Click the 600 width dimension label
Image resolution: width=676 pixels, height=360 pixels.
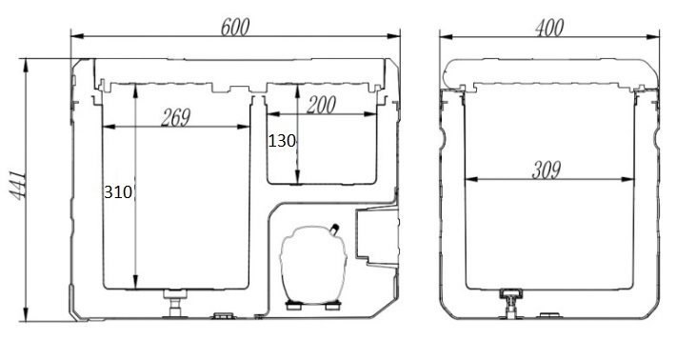point(235,27)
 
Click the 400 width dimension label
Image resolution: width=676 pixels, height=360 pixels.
point(549,28)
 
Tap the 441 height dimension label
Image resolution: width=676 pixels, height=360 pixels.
point(18,186)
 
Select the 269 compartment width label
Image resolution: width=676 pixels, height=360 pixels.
point(175,117)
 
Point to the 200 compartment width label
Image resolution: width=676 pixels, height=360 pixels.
point(321,105)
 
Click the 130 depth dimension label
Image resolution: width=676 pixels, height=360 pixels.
point(282,141)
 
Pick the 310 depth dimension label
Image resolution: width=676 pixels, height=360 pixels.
point(118,191)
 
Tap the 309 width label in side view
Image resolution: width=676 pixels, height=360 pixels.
point(547,170)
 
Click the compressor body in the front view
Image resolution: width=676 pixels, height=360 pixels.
point(313,264)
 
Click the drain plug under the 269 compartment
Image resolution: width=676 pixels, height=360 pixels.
point(175,303)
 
